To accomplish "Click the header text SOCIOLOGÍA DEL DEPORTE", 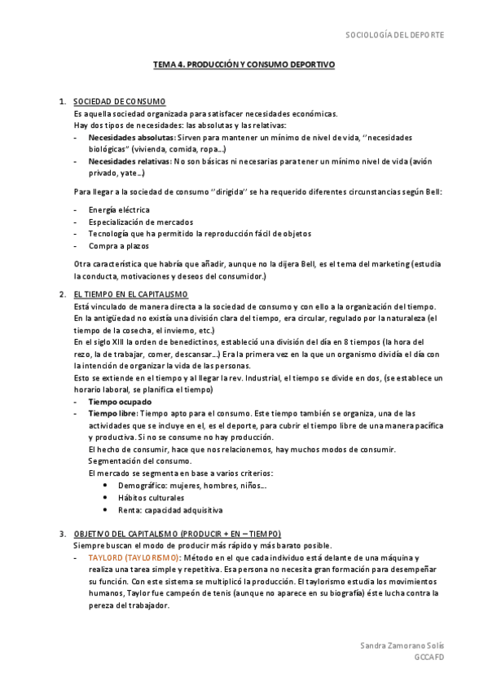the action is click(395, 36).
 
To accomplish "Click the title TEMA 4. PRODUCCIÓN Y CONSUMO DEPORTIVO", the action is click(244, 64).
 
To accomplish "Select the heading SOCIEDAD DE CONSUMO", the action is click(119, 101).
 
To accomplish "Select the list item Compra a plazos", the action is click(116, 245).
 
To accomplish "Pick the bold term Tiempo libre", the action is click(112, 414).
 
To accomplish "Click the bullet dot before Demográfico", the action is click(106, 486).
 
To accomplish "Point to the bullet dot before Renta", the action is click(106, 510).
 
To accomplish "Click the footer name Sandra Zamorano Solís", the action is click(402, 645).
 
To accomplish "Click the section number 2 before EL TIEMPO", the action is click(63, 293).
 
